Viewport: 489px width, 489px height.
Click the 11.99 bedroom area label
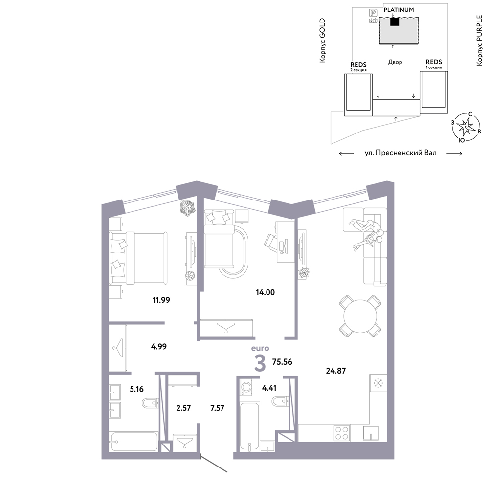pyautogui.click(x=161, y=300)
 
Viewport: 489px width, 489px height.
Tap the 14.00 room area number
pyautogui.click(x=265, y=292)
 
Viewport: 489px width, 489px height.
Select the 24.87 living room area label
pyautogui.click(x=335, y=371)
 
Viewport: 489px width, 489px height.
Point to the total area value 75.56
pyautogui.click(x=282, y=362)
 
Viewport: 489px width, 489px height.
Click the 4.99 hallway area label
pyautogui.click(x=159, y=347)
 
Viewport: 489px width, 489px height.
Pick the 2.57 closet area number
pyautogui.click(x=183, y=408)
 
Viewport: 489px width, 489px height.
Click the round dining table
pyautogui.click(x=360, y=316)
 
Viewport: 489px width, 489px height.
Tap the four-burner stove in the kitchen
pyautogui.click(x=341, y=433)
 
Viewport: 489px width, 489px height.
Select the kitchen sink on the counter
pyautogui.click(x=371, y=433)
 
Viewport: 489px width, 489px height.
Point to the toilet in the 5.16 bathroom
pyautogui.click(x=150, y=403)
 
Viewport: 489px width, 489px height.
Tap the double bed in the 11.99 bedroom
pyautogui.click(x=138, y=258)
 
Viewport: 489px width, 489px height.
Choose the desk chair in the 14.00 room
pyautogui.click(x=270, y=243)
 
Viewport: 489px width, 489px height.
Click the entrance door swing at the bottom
pyautogui.click(x=214, y=465)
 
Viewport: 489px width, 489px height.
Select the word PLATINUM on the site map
pyautogui.click(x=399, y=10)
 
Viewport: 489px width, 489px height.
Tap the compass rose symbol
pyautogui.click(x=466, y=127)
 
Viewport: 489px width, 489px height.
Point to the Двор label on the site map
pyautogui.click(x=395, y=62)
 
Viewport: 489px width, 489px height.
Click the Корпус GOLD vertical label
pyautogui.click(x=322, y=40)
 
